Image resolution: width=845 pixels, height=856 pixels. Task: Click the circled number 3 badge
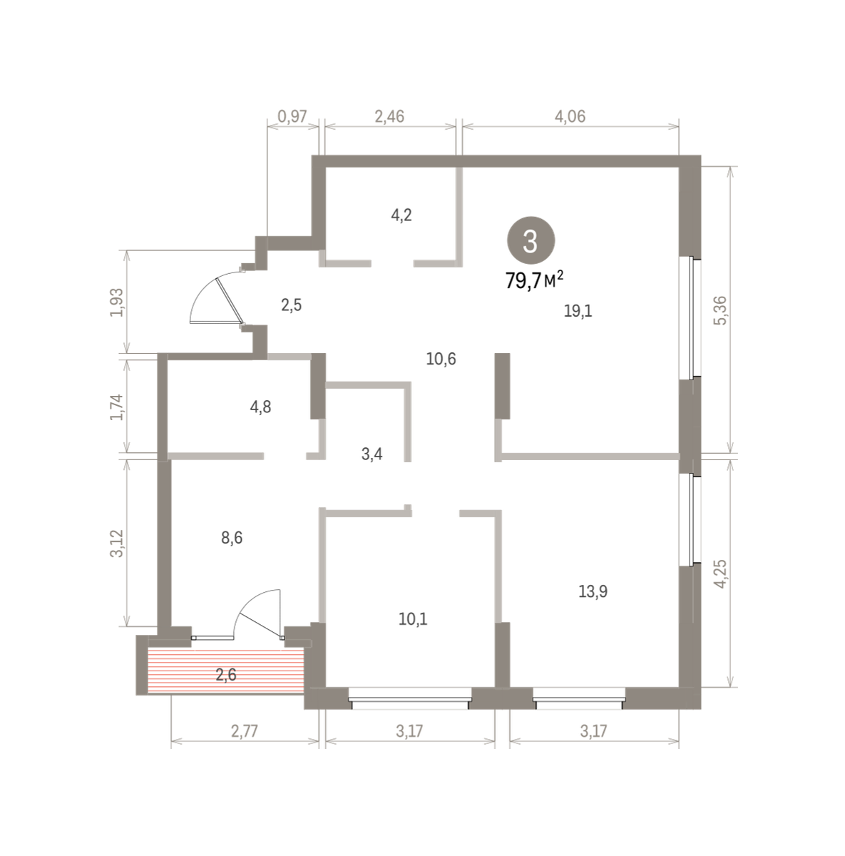point(531,241)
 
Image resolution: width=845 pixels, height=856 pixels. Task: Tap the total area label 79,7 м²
point(535,280)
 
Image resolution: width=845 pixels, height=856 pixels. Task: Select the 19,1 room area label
point(578,311)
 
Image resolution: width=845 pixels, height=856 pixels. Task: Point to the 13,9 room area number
point(593,591)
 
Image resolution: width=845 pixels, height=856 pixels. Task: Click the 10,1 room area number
point(413,618)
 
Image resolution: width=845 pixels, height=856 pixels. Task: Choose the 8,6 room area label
point(232,538)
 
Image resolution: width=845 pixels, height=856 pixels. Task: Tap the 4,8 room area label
point(260,407)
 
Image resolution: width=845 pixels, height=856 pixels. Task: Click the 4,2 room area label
point(401,215)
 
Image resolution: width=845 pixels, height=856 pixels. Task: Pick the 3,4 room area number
point(372,454)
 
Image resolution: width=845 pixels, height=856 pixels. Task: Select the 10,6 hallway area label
point(441,359)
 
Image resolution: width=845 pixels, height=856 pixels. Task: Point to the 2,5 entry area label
point(292,305)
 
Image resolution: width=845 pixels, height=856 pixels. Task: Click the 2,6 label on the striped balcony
point(226,674)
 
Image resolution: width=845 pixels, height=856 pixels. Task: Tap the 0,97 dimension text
point(292,116)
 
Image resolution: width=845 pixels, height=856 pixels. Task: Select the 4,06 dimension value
point(570,116)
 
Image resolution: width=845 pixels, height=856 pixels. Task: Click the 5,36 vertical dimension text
point(720,310)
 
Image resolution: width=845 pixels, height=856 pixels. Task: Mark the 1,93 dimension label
point(117,302)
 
